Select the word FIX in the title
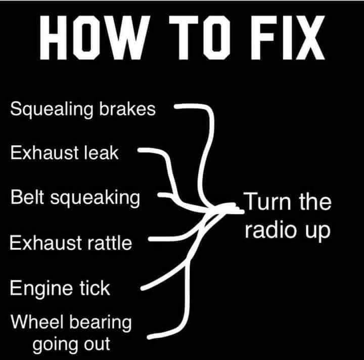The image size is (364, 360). tap(288, 37)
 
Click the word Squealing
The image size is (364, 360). tap(52, 110)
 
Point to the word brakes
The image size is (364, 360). tap(127, 108)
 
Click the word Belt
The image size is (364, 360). tap(27, 197)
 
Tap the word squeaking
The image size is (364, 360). tap(95, 198)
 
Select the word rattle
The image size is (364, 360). tap(110, 243)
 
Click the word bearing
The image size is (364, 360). tap(100, 323)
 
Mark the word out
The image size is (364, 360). tap(97, 344)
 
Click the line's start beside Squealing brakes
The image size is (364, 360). tap(176, 107)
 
